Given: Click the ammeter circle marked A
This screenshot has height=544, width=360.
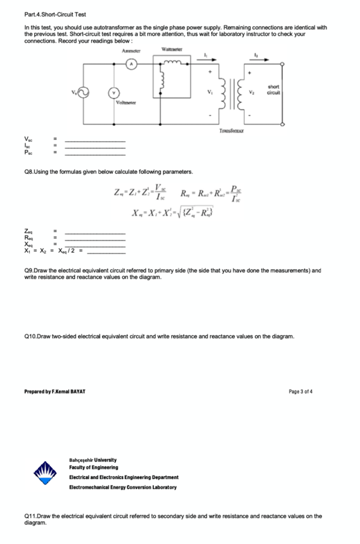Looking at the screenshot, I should pyautogui.click(x=132, y=65).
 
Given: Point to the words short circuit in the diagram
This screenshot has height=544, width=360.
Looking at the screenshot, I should pyautogui.click(x=274, y=89).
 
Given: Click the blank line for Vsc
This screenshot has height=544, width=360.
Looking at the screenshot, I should pyautogui.click(x=95, y=141).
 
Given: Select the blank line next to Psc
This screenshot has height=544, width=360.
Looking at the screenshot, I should pyautogui.click(x=95, y=153).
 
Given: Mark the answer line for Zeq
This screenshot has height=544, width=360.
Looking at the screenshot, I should pyautogui.click(x=95, y=233).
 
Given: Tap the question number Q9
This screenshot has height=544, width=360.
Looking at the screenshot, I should pyautogui.click(x=30, y=270).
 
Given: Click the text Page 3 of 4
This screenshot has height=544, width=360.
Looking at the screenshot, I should pyautogui.click(x=299, y=391).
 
